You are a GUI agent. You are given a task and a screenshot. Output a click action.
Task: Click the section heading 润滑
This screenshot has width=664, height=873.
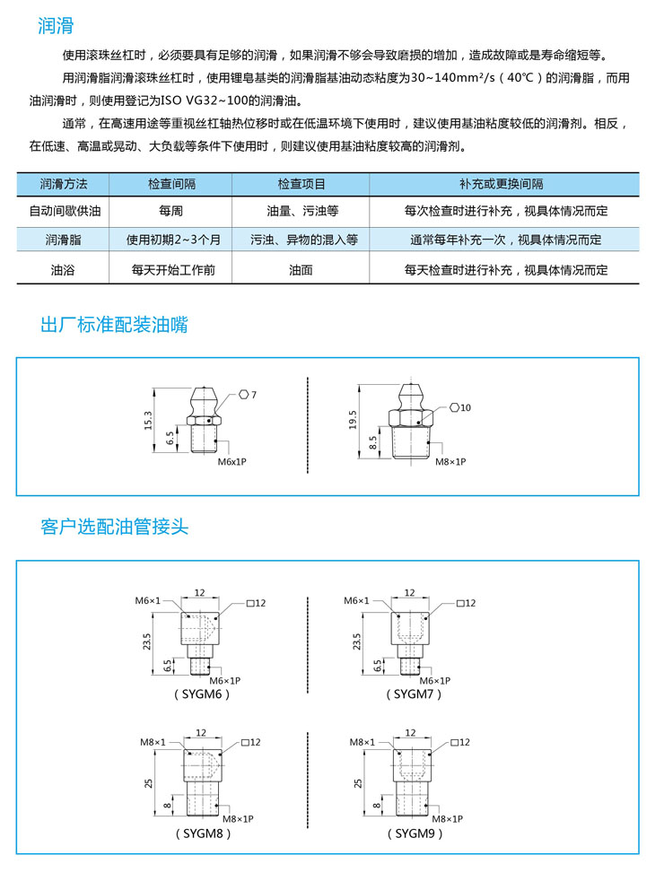coord(56,27)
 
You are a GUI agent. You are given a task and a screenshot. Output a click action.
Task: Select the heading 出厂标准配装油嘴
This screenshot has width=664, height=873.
coord(114,325)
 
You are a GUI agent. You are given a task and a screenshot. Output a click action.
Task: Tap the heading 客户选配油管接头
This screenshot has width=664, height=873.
coord(114,526)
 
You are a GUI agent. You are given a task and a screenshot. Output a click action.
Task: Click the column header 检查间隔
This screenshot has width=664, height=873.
coord(171,184)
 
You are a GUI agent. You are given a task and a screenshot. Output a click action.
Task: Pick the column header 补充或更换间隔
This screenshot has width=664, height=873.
coord(505,184)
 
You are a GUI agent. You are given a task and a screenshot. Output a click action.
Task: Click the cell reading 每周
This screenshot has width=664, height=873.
coord(171,212)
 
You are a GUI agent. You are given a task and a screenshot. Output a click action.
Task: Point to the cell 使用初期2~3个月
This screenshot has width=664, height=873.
coord(171,240)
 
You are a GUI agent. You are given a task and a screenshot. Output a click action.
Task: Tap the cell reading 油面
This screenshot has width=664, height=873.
coord(301,269)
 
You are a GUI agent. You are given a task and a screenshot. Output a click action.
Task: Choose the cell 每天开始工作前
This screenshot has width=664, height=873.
coord(171,269)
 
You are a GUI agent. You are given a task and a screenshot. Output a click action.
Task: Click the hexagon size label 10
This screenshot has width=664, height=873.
coord(466,407)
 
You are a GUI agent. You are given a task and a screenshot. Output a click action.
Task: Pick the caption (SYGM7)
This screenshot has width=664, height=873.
coord(415,694)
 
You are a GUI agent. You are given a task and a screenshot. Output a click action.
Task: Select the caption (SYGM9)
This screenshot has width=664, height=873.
coord(415,833)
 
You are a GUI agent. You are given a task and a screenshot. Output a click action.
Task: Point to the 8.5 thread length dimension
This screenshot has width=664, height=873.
coord(373,441)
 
